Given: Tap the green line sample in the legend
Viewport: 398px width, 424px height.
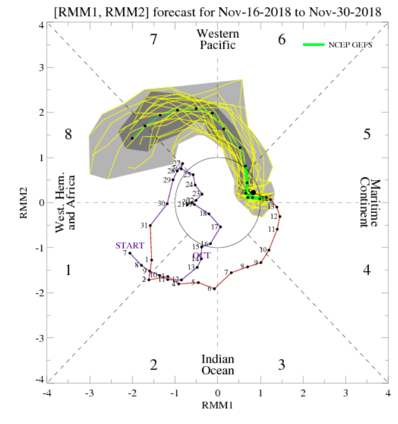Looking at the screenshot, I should click(x=315, y=44).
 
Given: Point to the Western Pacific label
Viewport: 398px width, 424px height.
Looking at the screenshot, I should click(x=218, y=39).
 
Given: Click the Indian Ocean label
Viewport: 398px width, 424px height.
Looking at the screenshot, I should click(x=218, y=365).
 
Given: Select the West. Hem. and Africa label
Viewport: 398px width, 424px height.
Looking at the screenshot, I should click(x=66, y=203).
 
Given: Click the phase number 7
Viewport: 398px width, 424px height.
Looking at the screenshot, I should click(x=154, y=40).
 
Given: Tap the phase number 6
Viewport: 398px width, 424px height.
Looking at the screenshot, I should click(x=282, y=40).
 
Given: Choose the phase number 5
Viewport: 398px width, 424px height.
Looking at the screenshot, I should click(x=366, y=134).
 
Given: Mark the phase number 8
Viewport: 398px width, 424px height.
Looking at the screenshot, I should click(x=69, y=134).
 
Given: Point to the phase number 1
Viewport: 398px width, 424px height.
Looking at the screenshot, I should click(x=69, y=270).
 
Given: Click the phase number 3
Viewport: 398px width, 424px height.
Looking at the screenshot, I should click(x=282, y=365).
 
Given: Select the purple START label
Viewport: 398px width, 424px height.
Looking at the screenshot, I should click(x=130, y=245).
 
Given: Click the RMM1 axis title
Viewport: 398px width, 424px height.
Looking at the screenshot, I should click(x=218, y=402).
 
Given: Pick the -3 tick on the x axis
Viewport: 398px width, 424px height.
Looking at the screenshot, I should click(x=90, y=391).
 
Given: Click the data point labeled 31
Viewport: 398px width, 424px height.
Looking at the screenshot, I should click(x=150, y=226).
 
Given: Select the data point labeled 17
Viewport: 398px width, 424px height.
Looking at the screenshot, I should click(x=220, y=227).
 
